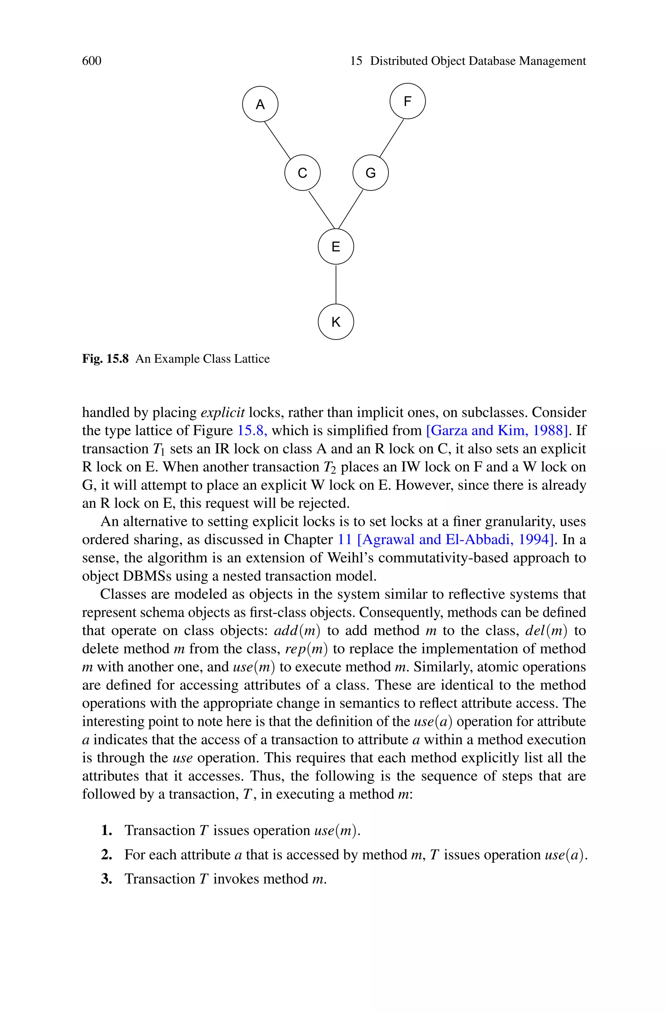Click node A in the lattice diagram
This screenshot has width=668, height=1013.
click(x=260, y=104)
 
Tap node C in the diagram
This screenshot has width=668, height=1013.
click(x=302, y=173)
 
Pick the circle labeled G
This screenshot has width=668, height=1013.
click(x=370, y=173)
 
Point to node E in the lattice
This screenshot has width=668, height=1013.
click(x=336, y=247)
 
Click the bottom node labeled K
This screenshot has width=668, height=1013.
click(x=336, y=322)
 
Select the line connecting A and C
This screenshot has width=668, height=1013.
click(x=277, y=140)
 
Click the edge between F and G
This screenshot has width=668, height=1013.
click(x=391, y=138)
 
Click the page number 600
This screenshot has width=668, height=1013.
click(x=92, y=61)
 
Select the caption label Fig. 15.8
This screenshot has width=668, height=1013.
click(x=105, y=359)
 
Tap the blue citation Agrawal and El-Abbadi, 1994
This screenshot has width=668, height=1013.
click(x=456, y=540)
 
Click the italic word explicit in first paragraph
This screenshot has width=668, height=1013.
click(x=222, y=412)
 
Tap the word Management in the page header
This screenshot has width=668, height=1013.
click(x=553, y=61)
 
